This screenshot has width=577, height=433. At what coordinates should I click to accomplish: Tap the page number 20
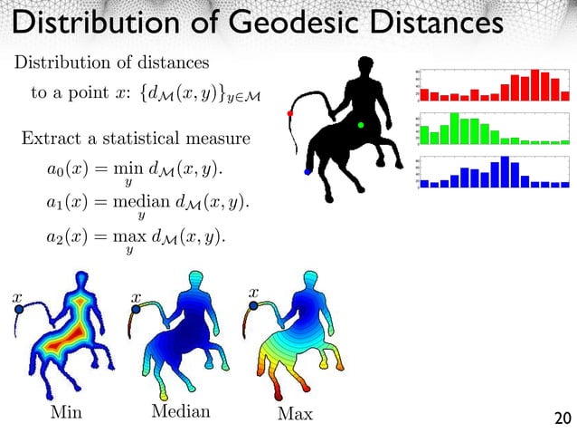click(x=561, y=418)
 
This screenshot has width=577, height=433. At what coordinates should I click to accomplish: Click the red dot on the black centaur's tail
click(x=290, y=113)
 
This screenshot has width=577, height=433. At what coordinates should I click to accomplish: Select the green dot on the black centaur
click(x=361, y=125)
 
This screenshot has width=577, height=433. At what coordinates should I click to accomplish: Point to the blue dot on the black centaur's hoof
click(x=308, y=170)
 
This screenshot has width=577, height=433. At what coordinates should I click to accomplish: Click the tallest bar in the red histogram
click(x=534, y=84)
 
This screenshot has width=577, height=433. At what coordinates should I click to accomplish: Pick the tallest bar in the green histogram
click(x=455, y=128)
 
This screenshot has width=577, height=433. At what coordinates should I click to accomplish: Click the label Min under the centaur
click(x=65, y=413)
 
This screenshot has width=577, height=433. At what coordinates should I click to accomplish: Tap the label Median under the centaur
click(x=179, y=412)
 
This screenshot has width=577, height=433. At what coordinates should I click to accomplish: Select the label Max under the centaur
click(x=296, y=414)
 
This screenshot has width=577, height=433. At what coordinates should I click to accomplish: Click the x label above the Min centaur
click(x=17, y=296)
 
